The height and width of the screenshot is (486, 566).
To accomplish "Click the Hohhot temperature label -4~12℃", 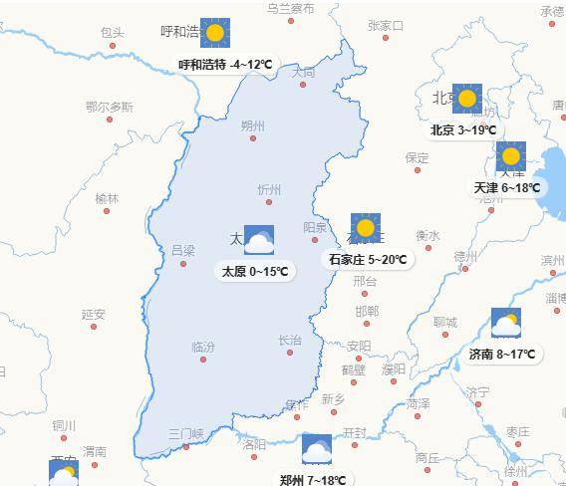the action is pyautogui.click(x=226, y=65).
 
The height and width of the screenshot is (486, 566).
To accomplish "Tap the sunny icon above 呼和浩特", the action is pyautogui.click(x=214, y=33).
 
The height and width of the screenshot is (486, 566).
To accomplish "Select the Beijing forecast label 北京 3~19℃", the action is pyautogui.click(x=463, y=130).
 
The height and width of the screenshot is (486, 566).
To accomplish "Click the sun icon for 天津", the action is pyautogui.click(x=511, y=156).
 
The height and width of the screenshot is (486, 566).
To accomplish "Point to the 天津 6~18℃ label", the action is pyautogui.click(x=507, y=187).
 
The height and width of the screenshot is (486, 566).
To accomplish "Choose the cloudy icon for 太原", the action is pyautogui.click(x=258, y=240).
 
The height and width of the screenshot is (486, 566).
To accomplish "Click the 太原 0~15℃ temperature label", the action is pyautogui.click(x=255, y=271).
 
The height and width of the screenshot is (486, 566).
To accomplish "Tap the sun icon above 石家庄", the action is pyautogui.click(x=365, y=228).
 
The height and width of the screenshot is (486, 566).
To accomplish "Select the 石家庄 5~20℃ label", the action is pyautogui.click(x=368, y=260).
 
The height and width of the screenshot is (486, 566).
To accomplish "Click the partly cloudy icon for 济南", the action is pyautogui.click(x=506, y=323).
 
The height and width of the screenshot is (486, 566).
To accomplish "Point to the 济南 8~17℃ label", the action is pyautogui.click(x=502, y=354).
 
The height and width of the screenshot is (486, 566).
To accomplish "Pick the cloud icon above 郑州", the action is pyautogui.click(x=316, y=449).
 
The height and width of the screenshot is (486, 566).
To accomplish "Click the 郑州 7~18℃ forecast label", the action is pyautogui.click(x=314, y=480).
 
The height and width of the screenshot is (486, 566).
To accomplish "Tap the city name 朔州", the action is pyautogui.click(x=253, y=125).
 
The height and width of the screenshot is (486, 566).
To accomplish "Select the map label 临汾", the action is pyautogui.click(x=203, y=347).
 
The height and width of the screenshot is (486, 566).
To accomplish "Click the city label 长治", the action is pyautogui.click(x=289, y=340).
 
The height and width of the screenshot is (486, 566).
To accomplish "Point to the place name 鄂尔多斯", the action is pyautogui.click(x=109, y=107).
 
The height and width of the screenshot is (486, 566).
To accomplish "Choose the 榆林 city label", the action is pyautogui.click(x=107, y=198).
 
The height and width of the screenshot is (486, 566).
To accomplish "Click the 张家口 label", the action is pyautogui.click(x=386, y=25).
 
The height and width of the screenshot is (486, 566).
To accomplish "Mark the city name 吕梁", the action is pyautogui.click(x=183, y=250).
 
